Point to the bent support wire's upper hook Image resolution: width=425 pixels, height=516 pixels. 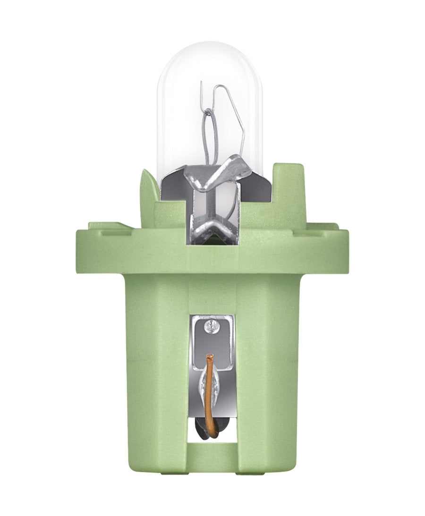click(222, 90)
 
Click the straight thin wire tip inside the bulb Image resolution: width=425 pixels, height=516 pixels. click(202, 87)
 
